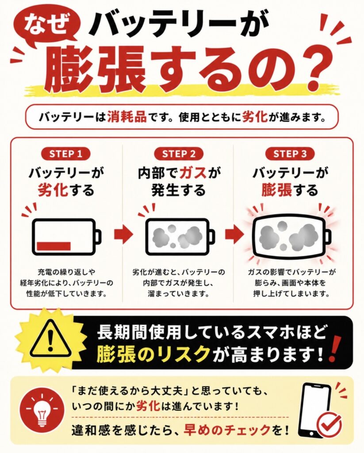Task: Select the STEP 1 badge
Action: pyautogui.click(x=66, y=154)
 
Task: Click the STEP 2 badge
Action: pyautogui.click(x=179, y=154)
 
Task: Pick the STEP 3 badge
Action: pyautogui.click(x=290, y=154)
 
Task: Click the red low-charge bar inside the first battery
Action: pyautogui.click(x=54, y=246)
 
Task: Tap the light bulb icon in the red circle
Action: pyautogui.click(x=42, y=410)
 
